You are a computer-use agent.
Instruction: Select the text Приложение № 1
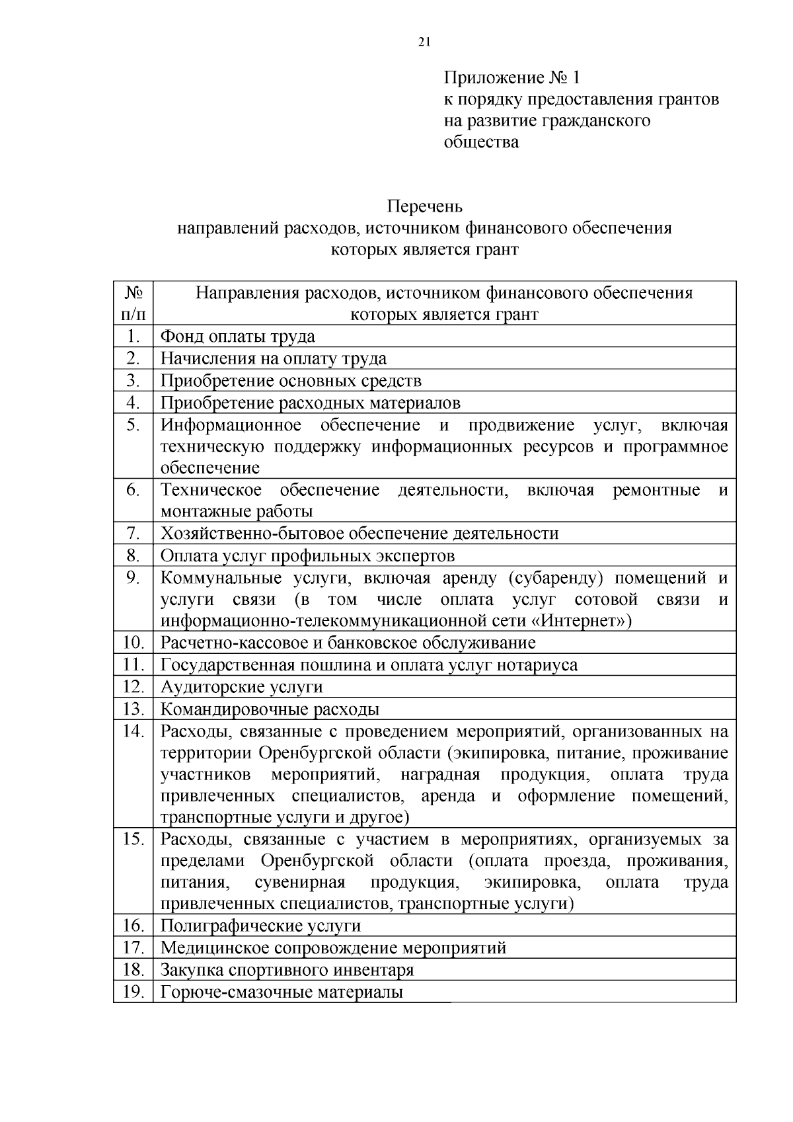[x=511, y=78]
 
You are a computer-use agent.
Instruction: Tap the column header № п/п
[x=133, y=303]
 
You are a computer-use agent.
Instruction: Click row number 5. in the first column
[x=133, y=424]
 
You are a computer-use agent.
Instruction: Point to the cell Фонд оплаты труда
[x=238, y=337]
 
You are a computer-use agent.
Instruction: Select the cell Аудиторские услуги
[x=242, y=687]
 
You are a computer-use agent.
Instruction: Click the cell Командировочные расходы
[x=270, y=709]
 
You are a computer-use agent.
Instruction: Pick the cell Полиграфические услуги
[x=260, y=926]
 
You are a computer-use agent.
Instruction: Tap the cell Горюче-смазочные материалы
[x=282, y=992]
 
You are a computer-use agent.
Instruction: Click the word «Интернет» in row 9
[x=577, y=621]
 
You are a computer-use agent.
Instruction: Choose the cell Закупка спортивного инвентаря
[x=287, y=970]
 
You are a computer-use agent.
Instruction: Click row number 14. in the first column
[x=133, y=731]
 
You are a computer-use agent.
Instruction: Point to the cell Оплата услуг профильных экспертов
[x=307, y=555]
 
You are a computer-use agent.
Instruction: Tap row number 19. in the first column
[x=133, y=992]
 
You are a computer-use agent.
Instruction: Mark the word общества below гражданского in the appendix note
[x=481, y=141]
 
